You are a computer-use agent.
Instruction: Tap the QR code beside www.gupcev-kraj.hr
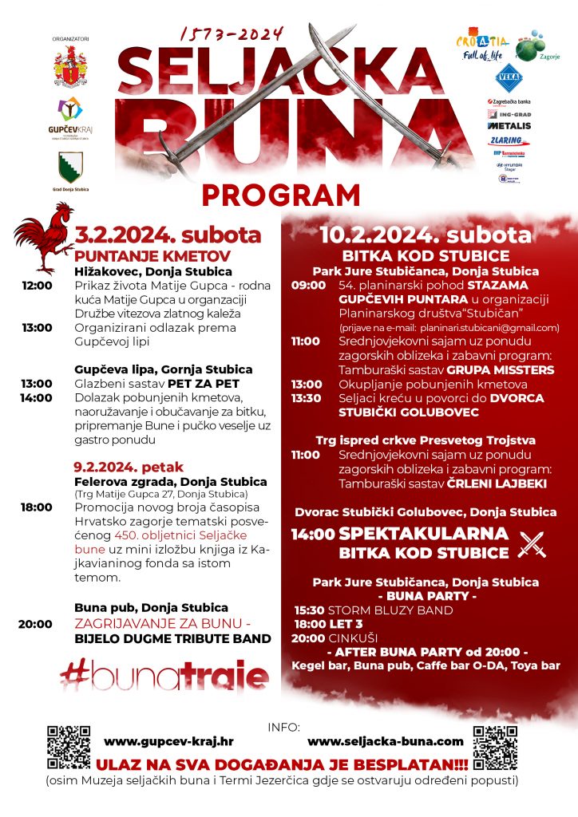click(x=69, y=746)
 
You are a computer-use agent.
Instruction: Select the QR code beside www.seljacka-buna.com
click(x=495, y=746)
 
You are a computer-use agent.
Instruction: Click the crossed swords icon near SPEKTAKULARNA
click(x=531, y=543)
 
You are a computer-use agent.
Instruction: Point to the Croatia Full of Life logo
click(x=481, y=46)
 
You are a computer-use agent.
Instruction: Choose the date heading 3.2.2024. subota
click(x=168, y=235)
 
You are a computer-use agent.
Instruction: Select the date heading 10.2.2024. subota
click(x=426, y=235)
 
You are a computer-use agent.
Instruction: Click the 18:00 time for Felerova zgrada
click(x=37, y=507)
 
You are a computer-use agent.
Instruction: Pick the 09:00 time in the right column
click(x=309, y=285)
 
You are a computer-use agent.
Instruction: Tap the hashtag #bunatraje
click(x=164, y=677)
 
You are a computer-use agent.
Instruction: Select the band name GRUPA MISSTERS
click(x=502, y=370)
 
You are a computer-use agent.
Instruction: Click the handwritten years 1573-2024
click(x=232, y=34)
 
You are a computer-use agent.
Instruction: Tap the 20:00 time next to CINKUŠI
click(x=308, y=637)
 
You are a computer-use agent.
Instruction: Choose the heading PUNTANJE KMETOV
click(x=152, y=256)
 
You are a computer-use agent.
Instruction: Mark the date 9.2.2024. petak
click(x=129, y=467)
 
